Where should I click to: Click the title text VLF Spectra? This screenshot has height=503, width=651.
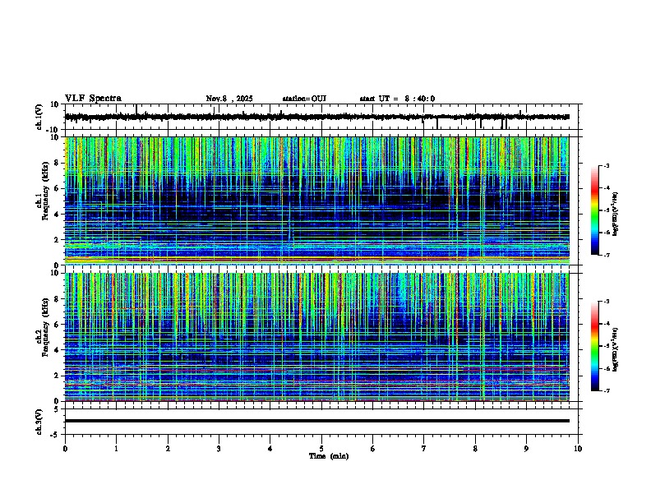pos(93,99)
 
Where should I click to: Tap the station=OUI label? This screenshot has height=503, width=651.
pos(304,99)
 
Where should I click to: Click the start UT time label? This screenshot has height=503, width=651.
pos(397,99)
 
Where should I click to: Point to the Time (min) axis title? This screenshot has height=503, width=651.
pos(328,456)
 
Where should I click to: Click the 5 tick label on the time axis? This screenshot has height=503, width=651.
pos(321,449)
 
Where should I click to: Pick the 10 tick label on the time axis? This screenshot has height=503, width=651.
pos(578,449)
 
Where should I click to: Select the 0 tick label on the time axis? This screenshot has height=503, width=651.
pos(65,449)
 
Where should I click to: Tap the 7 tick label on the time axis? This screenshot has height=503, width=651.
pos(424,449)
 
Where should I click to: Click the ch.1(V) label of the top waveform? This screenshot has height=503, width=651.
pos(39,117)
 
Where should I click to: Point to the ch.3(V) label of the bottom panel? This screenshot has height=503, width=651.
pos(39,420)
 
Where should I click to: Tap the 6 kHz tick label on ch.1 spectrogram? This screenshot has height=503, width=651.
pos(55,188)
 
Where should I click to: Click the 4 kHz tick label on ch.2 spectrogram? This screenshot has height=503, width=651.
pos(55,349)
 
